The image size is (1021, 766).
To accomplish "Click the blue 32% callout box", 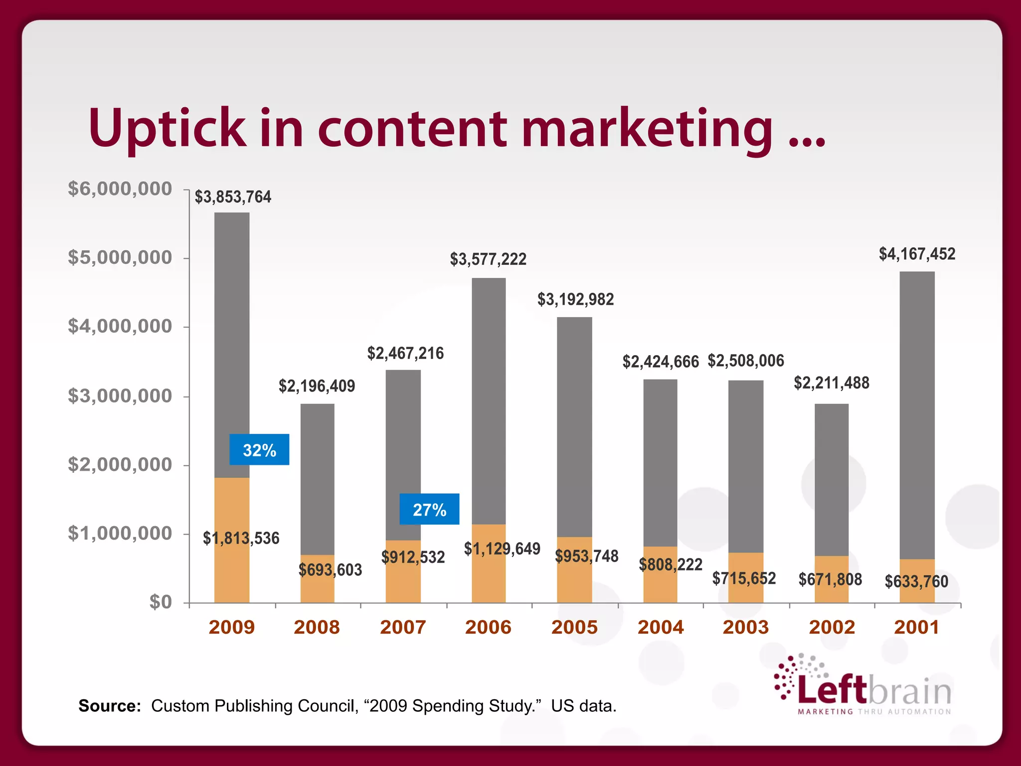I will click(x=259, y=450).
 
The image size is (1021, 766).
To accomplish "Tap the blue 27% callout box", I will click(x=429, y=509).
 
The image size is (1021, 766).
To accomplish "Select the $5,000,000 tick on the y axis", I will click(x=120, y=258).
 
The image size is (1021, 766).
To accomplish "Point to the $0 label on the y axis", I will click(x=161, y=602).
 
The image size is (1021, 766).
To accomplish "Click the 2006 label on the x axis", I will click(x=488, y=627).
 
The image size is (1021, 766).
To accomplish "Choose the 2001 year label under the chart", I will click(x=916, y=627).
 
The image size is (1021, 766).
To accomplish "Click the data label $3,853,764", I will click(x=233, y=197).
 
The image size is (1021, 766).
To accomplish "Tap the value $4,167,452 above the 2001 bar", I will click(x=917, y=254).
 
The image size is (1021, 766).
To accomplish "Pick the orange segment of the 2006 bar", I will click(x=489, y=578).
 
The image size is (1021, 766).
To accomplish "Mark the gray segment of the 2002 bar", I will click(x=832, y=479).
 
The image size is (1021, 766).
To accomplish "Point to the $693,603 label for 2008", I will click(x=330, y=570).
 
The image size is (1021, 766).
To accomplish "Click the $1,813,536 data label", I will click(x=241, y=538).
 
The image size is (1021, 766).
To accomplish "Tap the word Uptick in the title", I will click(x=167, y=129).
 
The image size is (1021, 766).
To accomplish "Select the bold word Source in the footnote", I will click(x=110, y=706).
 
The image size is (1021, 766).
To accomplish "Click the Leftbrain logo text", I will click(x=874, y=690).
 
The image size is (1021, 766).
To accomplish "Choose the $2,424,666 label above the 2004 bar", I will click(x=661, y=362).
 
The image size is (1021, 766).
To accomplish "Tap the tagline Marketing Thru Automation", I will click(x=874, y=712).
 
